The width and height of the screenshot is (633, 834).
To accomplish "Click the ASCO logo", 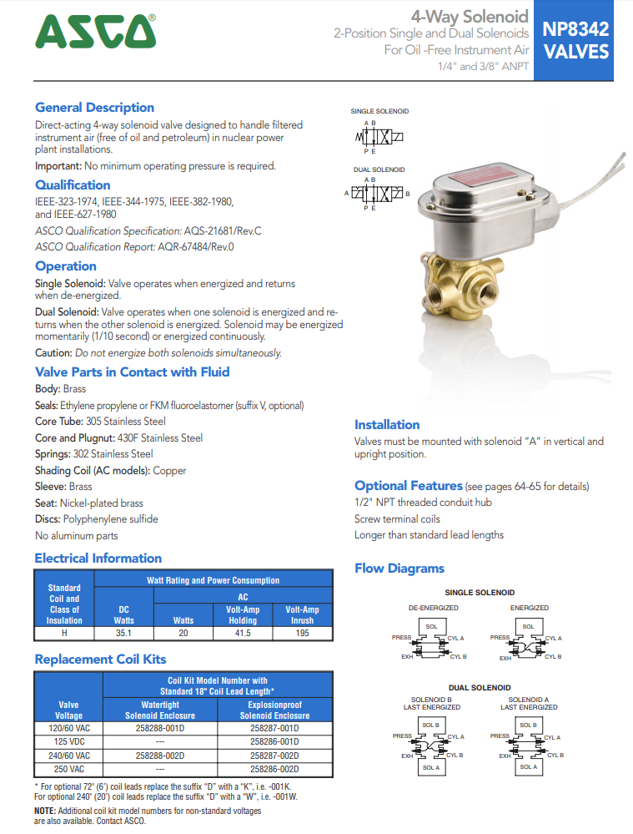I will (95, 33).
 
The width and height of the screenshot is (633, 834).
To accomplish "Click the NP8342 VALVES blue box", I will (575, 40).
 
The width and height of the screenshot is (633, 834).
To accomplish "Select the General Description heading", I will (94, 108).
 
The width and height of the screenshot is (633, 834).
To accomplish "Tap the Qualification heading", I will (73, 185).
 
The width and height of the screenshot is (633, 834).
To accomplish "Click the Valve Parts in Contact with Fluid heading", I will (132, 372).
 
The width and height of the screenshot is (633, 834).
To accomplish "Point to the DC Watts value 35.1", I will (124, 634).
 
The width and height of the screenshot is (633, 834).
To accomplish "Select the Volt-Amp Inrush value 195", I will (302, 634).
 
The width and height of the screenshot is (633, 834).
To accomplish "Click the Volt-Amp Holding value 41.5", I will (242, 634).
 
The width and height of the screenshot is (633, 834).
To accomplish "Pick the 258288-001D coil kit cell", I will (160, 728).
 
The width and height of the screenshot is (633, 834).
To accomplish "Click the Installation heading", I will (387, 425).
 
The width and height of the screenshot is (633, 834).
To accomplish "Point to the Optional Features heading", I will (408, 486).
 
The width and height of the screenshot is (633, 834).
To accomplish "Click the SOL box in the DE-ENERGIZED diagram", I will (431, 626).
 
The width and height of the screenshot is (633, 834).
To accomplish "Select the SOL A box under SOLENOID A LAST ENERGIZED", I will (528, 767).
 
